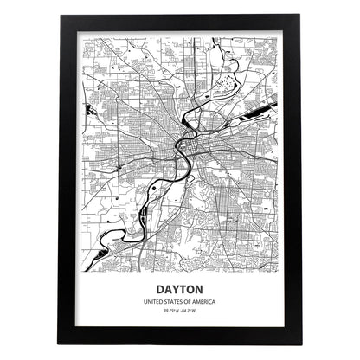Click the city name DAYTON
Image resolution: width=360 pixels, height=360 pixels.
pyautogui.click(x=179, y=290)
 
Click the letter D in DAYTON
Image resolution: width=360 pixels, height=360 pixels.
pyautogui.click(x=160, y=290)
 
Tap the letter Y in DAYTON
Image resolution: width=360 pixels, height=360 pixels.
pyautogui.click(x=176, y=290)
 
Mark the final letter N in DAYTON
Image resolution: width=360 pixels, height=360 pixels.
pyautogui.click(x=199, y=290)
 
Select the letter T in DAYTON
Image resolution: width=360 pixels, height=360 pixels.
pyautogui.click(x=183, y=290)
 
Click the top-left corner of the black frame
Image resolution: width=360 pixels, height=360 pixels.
pyautogui.click(x=60, y=18)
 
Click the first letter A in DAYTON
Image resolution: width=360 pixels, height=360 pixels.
pyautogui.click(x=168, y=290)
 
